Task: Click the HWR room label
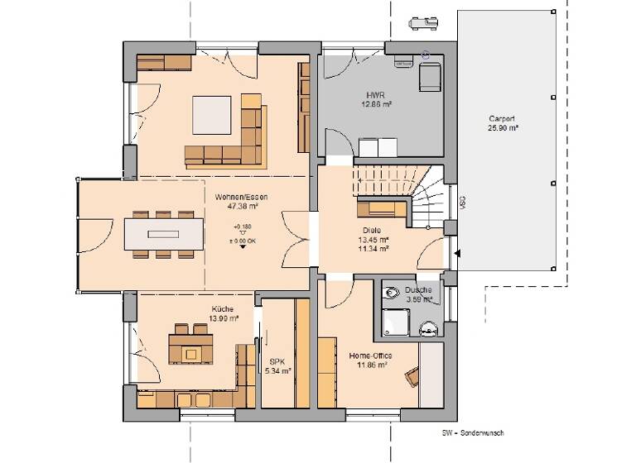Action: pos(376,96)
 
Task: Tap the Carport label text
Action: pos(503,118)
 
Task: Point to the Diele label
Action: pos(371,231)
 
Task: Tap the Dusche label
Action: pos(418,291)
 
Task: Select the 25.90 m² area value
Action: pos(503,128)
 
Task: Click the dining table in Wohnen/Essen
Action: pos(163,233)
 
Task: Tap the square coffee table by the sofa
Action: pos(213,115)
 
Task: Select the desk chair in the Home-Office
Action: pos(412,377)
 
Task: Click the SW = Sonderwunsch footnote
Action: pos(472,432)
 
